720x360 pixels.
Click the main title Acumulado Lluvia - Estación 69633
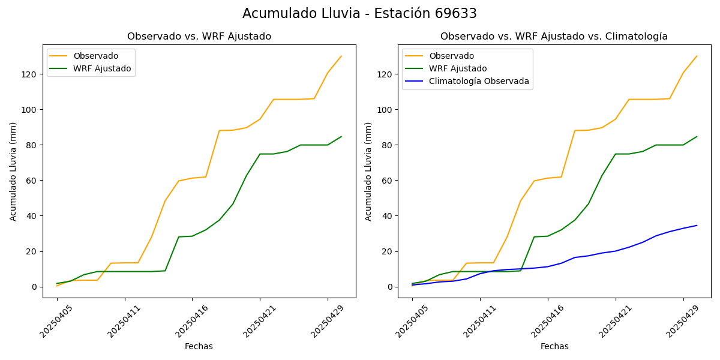pyautogui.click(x=359, y=13)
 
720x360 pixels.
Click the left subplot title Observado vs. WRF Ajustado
pyautogui.click(x=199, y=37)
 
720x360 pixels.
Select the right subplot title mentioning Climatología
pyautogui.click(x=554, y=37)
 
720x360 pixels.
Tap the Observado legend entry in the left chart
pyautogui.click(x=95, y=56)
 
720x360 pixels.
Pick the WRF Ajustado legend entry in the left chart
pyautogui.click(x=102, y=68)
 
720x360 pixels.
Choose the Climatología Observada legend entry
pyautogui.click(x=479, y=81)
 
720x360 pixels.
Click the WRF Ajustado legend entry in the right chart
pyautogui.click(x=458, y=68)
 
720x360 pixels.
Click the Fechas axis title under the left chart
pyautogui.click(x=199, y=346)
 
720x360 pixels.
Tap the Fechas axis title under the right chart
pyautogui.click(x=554, y=346)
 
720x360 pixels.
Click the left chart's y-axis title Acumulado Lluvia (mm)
pyautogui.click(x=13, y=172)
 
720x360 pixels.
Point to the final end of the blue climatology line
pyautogui.click(x=697, y=226)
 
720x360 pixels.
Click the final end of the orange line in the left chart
pyautogui.click(x=341, y=56)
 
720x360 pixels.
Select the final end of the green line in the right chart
pyautogui.click(x=697, y=137)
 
